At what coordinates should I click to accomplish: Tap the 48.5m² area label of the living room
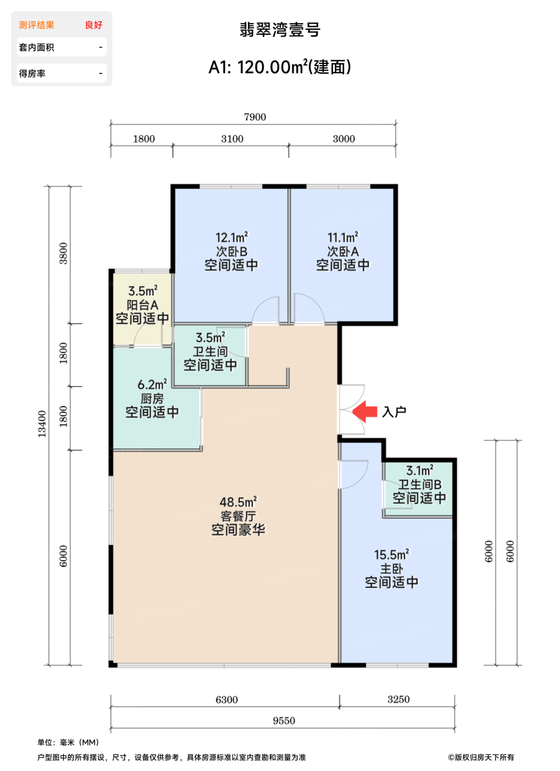point(238,502)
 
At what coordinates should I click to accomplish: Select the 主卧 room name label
point(392,568)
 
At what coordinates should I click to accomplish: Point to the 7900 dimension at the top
point(255,117)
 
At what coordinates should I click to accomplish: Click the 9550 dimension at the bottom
point(284,720)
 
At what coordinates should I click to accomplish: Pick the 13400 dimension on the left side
point(42,424)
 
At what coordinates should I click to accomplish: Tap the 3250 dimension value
point(399,699)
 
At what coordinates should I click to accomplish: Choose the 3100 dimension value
point(232,139)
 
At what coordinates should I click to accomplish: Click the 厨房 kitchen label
point(152,399)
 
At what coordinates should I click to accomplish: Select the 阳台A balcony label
point(143,305)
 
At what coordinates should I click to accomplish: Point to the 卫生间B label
point(420,485)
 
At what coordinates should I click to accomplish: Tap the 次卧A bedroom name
point(343,252)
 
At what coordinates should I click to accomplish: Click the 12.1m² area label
point(232,237)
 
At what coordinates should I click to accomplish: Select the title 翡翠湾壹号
point(280,30)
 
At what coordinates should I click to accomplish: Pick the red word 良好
point(94,25)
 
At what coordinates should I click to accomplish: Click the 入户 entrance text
point(394,412)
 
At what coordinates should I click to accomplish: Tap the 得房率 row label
point(32,73)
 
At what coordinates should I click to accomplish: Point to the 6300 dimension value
point(226,699)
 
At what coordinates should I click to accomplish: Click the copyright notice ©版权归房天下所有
point(481,757)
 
